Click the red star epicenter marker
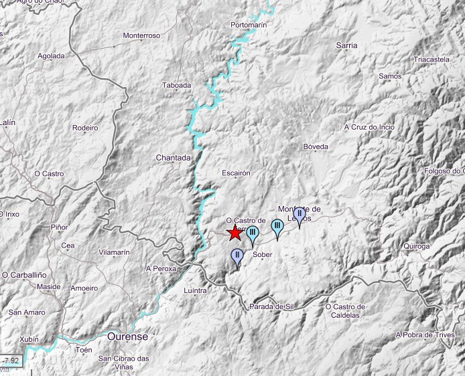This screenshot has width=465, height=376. [235, 233]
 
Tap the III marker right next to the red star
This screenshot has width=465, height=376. [253, 233]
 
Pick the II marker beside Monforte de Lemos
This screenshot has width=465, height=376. [299, 215]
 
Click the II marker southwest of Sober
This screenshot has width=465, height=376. [237, 256]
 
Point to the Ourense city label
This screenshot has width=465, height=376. [127, 337]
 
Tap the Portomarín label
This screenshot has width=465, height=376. [249, 25]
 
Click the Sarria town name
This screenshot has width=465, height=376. [346, 45]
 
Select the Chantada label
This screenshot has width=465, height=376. [174, 157]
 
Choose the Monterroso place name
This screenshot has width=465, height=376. [142, 35]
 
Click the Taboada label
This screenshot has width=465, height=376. [177, 85]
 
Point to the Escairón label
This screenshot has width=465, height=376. [236, 173]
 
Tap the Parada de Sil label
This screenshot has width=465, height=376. [271, 306]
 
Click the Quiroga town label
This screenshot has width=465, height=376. [417, 246]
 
